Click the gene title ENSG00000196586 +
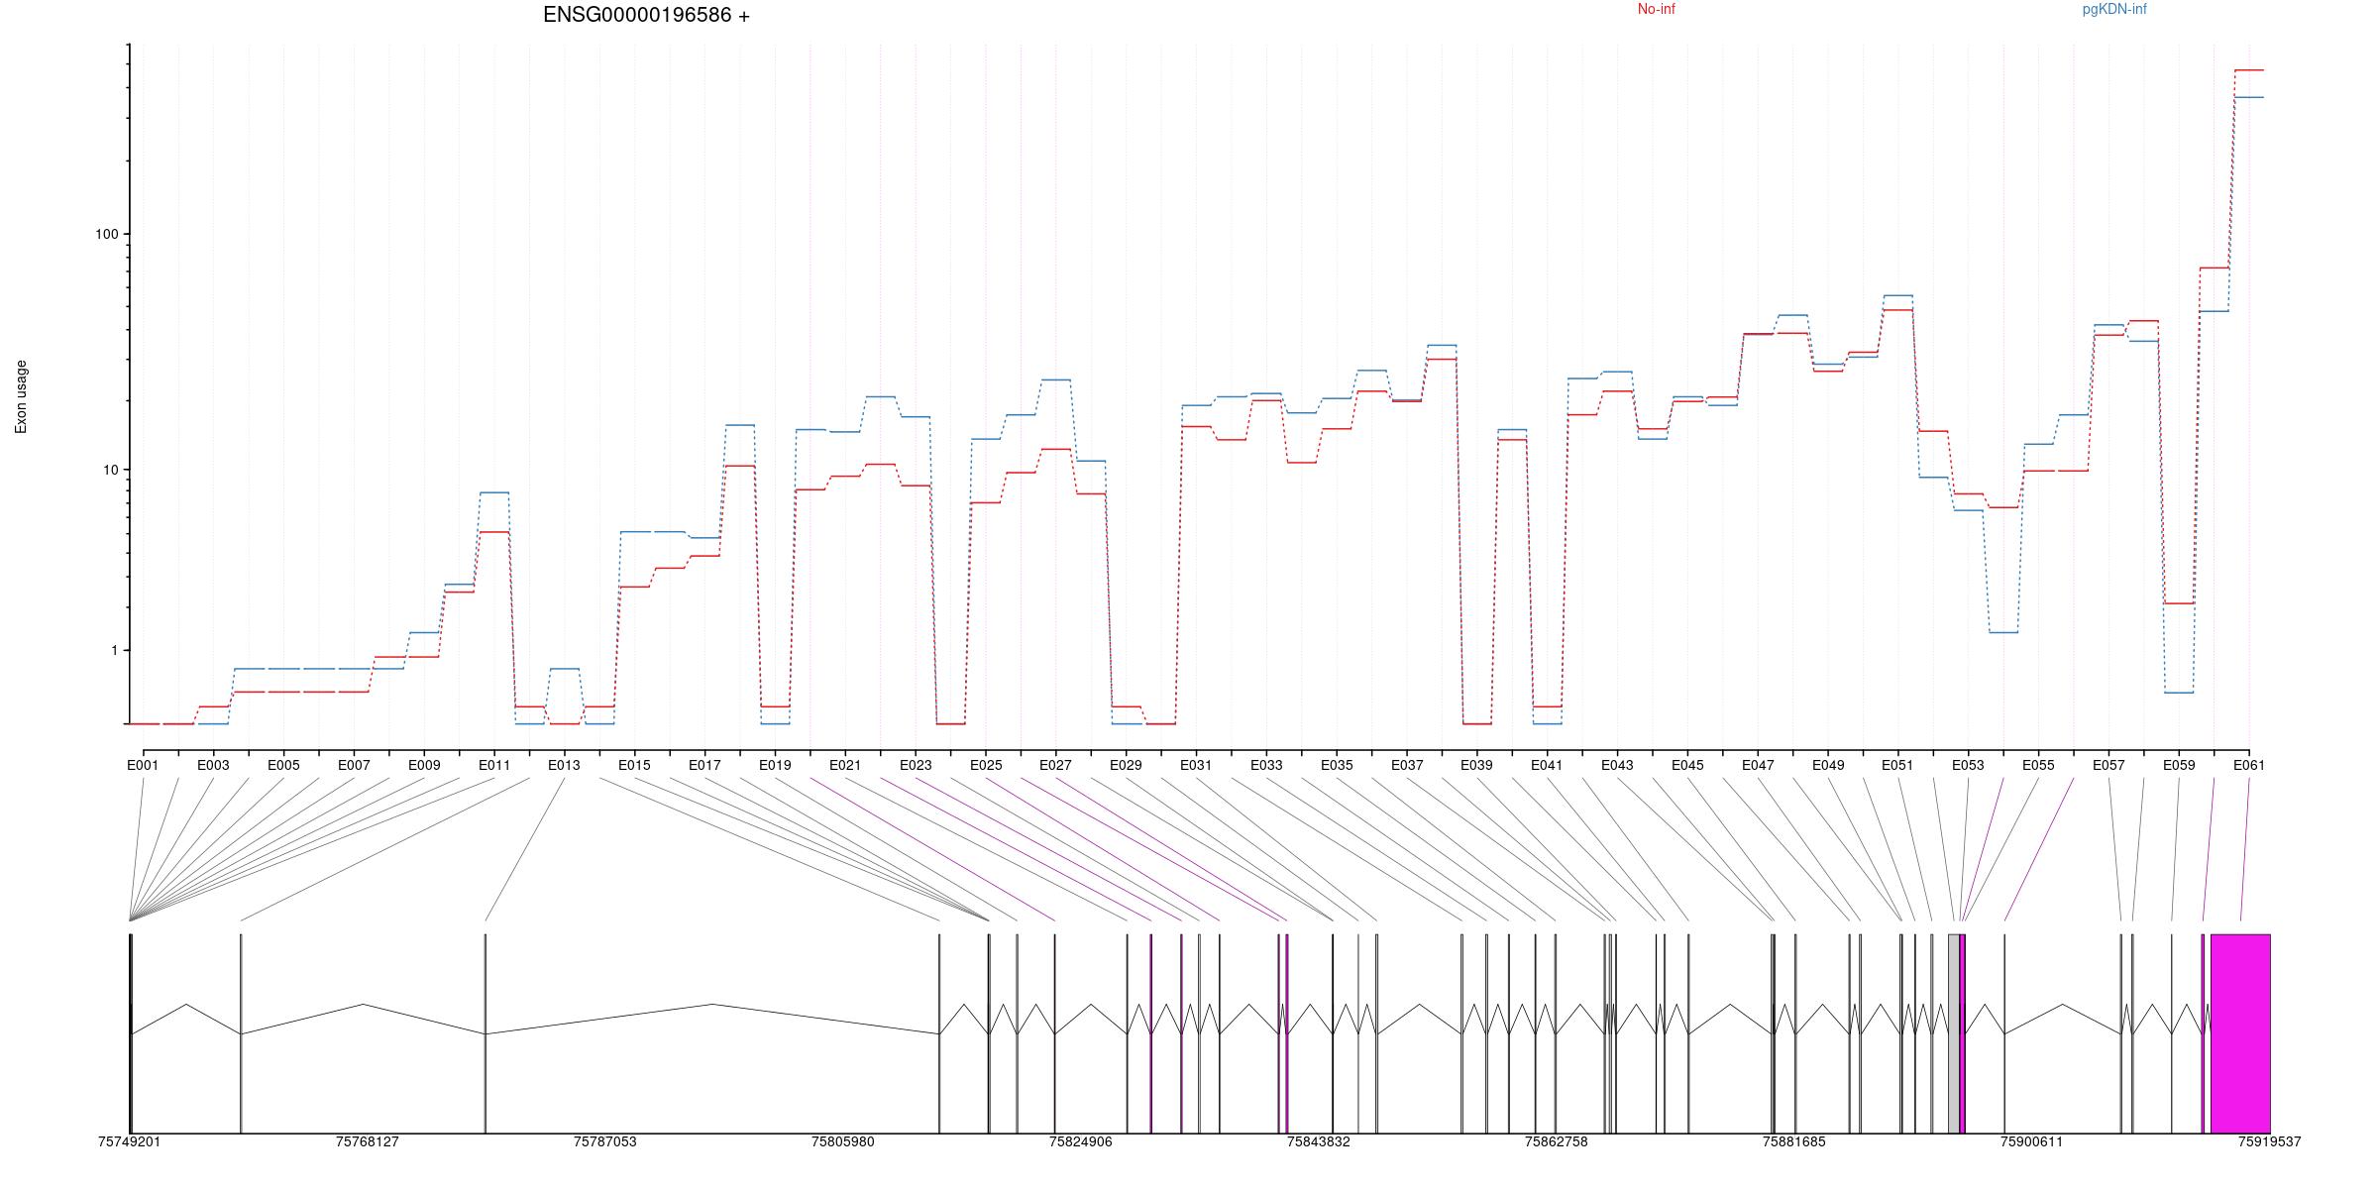[x=646, y=15]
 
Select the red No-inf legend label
[x=1656, y=10]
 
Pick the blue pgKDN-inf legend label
[x=2114, y=10]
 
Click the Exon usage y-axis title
[x=21, y=396]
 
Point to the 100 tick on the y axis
[x=106, y=234]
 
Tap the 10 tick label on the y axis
[x=109, y=470]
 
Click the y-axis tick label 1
[x=113, y=650]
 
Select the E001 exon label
[x=143, y=765]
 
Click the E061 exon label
[x=2248, y=765]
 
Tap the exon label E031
[x=1195, y=765]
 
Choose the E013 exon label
[x=564, y=765]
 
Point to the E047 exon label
[x=1758, y=765]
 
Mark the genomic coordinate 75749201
[x=129, y=1141]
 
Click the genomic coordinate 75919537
[x=2269, y=1141]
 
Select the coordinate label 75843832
[x=1318, y=1141]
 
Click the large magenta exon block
[x=2240, y=1032]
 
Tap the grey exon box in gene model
[x=1953, y=1032]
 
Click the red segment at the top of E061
[x=2248, y=70]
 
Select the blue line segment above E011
[x=494, y=492]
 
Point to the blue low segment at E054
[x=2003, y=632]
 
